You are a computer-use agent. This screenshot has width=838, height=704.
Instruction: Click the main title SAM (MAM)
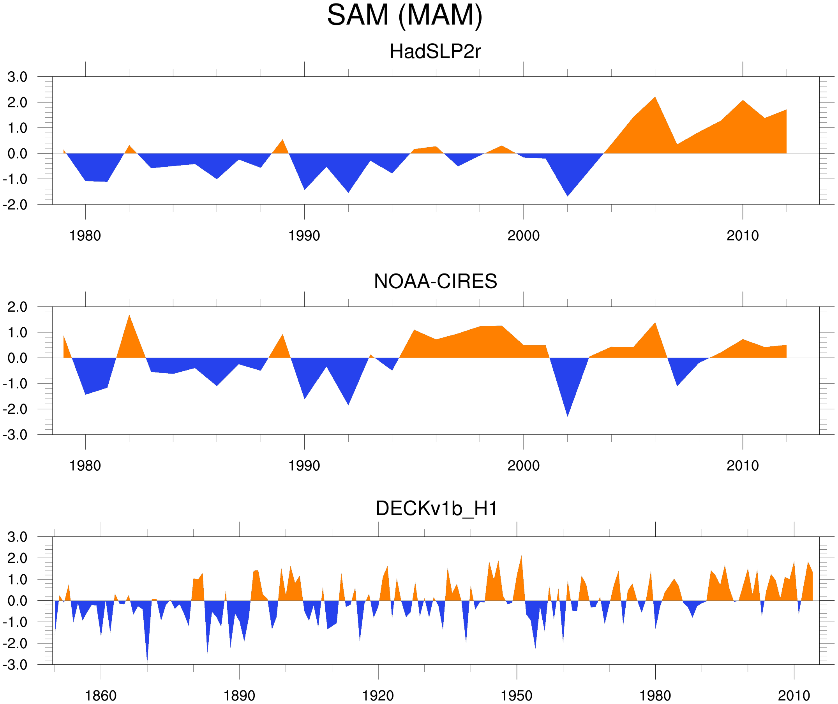pyautogui.click(x=404, y=15)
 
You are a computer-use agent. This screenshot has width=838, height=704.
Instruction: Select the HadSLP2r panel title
pyautogui.click(x=435, y=51)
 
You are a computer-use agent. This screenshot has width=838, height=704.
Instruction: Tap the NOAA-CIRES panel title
pyautogui.click(x=435, y=281)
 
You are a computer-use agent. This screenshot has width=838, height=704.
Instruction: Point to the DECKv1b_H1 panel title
pyautogui.click(x=436, y=509)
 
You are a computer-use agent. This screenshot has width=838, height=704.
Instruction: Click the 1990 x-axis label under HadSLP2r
pyautogui.click(x=304, y=236)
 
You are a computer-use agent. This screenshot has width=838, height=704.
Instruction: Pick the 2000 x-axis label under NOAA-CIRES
pyautogui.click(x=523, y=466)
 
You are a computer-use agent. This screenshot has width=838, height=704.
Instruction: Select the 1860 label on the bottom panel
pyautogui.click(x=101, y=696)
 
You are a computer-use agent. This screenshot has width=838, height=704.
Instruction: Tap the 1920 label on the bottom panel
pyautogui.click(x=378, y=696)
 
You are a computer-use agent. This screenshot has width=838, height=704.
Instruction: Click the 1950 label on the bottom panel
pyautogui.click(x=516, y=696)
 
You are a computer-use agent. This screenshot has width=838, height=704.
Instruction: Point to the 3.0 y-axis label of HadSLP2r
pyautogui.click(x=17, y=77)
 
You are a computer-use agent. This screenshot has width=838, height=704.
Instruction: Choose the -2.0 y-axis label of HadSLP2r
pyautogui.click(x=15, y=205)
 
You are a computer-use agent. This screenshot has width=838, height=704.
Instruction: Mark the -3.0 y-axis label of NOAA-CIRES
pyautogui.click(x=15, y=435)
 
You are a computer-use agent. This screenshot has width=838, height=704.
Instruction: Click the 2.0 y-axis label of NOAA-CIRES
pyautogui.click(x=17, y=307)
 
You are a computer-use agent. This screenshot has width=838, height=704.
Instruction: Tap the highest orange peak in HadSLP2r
pyautogui.click(x=655, y=98)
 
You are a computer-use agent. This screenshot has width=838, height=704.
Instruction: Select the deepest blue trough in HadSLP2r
pyautogui.click(x=568, y=195)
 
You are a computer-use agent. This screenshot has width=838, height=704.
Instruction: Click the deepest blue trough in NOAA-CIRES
pyautogui.click(x=568, y=415)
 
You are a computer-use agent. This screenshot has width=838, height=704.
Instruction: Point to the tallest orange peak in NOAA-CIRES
pyautogui.click(x=129, y=316)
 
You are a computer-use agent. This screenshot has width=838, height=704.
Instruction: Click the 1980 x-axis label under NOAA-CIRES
pyautogui.click(x=85, y=466)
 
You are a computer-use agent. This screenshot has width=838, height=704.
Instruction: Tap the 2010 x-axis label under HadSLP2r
pyautogui.click(x=742, y=236)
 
